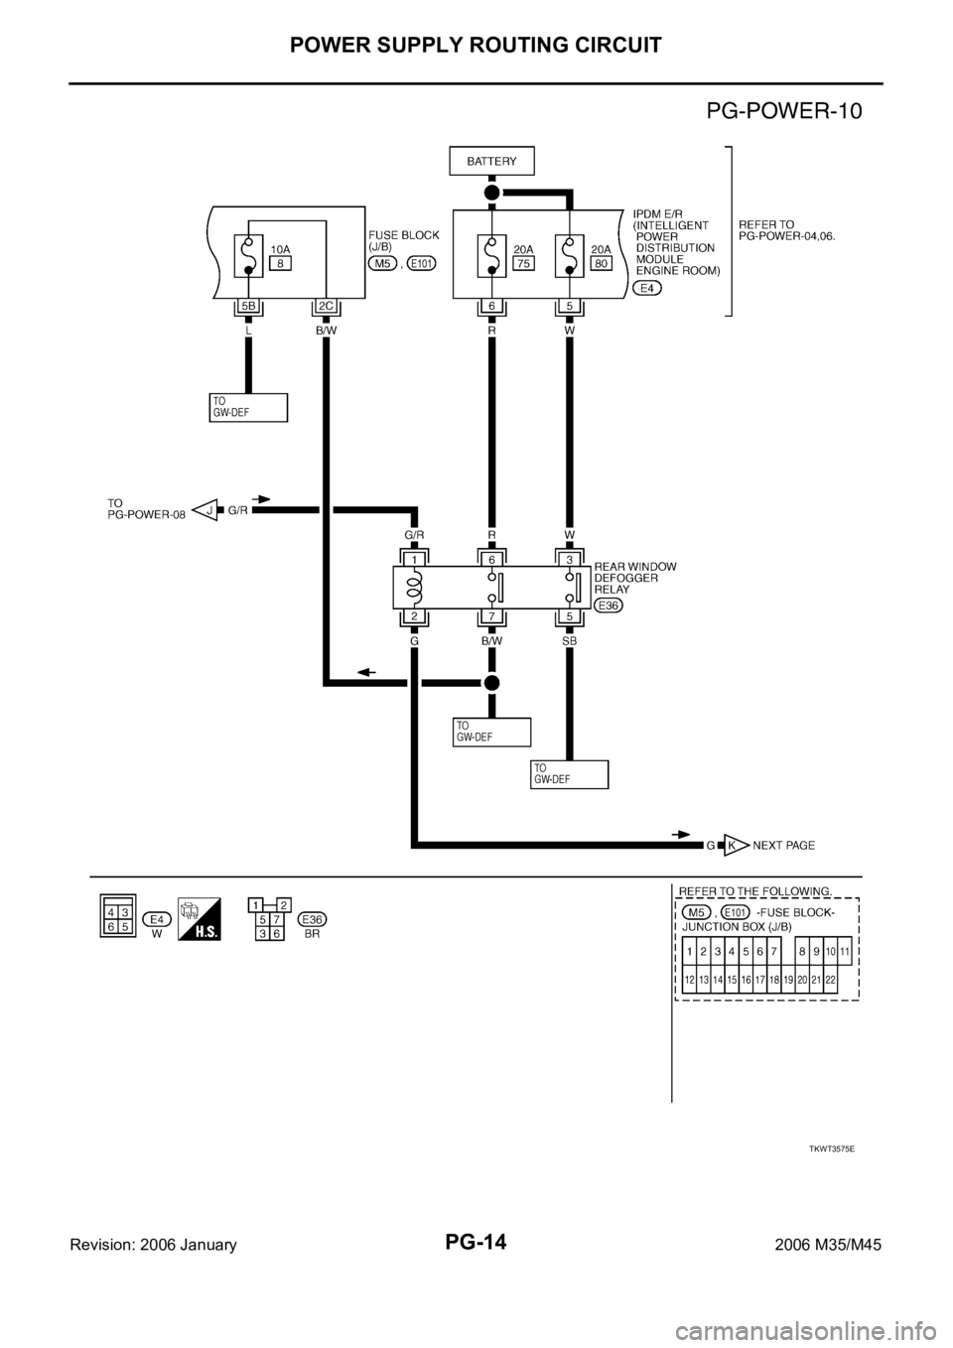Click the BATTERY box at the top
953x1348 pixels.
490,161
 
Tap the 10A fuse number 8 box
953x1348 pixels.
282,264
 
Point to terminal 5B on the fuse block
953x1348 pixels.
247,307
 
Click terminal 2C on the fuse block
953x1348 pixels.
325,307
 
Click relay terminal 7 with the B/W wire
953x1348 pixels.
490,616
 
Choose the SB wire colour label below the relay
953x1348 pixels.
569,641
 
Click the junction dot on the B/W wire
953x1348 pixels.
490,683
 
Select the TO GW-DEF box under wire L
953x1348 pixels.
247,407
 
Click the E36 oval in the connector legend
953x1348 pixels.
311,918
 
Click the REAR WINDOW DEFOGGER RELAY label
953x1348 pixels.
635,577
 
